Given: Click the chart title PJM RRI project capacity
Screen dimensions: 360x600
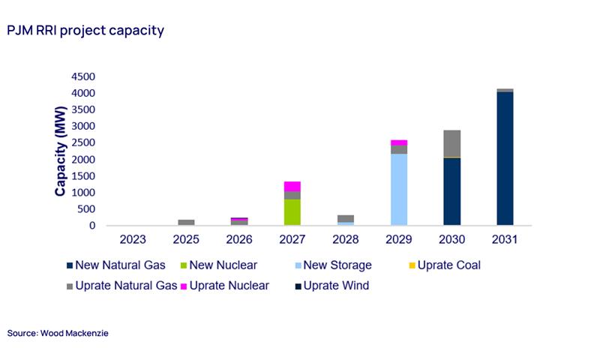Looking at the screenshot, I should [x=85, y=31].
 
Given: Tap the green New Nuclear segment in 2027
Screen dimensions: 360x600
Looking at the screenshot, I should [x=292, y=212].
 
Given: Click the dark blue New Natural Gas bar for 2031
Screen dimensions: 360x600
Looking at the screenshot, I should [x=505, y=158].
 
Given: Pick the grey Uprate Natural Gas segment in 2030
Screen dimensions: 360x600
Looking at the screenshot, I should [x=451, y=143].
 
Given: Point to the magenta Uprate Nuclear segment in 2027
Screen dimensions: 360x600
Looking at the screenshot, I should [x=292, y=186].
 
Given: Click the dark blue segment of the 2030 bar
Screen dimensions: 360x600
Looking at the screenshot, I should [x=451, y=192].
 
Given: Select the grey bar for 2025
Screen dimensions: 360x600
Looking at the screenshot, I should [x=186, y=222].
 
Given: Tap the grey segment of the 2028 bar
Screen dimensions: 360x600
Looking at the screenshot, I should [x=346, y=218].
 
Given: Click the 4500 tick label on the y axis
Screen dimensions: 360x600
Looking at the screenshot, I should [x=83, y=77].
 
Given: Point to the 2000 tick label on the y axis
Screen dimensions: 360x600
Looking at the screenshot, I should [x=83, y=160].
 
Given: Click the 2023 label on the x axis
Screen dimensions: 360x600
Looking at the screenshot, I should [x=133, y=240].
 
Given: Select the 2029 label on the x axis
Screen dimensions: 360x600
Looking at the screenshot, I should [x=399, y=240].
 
